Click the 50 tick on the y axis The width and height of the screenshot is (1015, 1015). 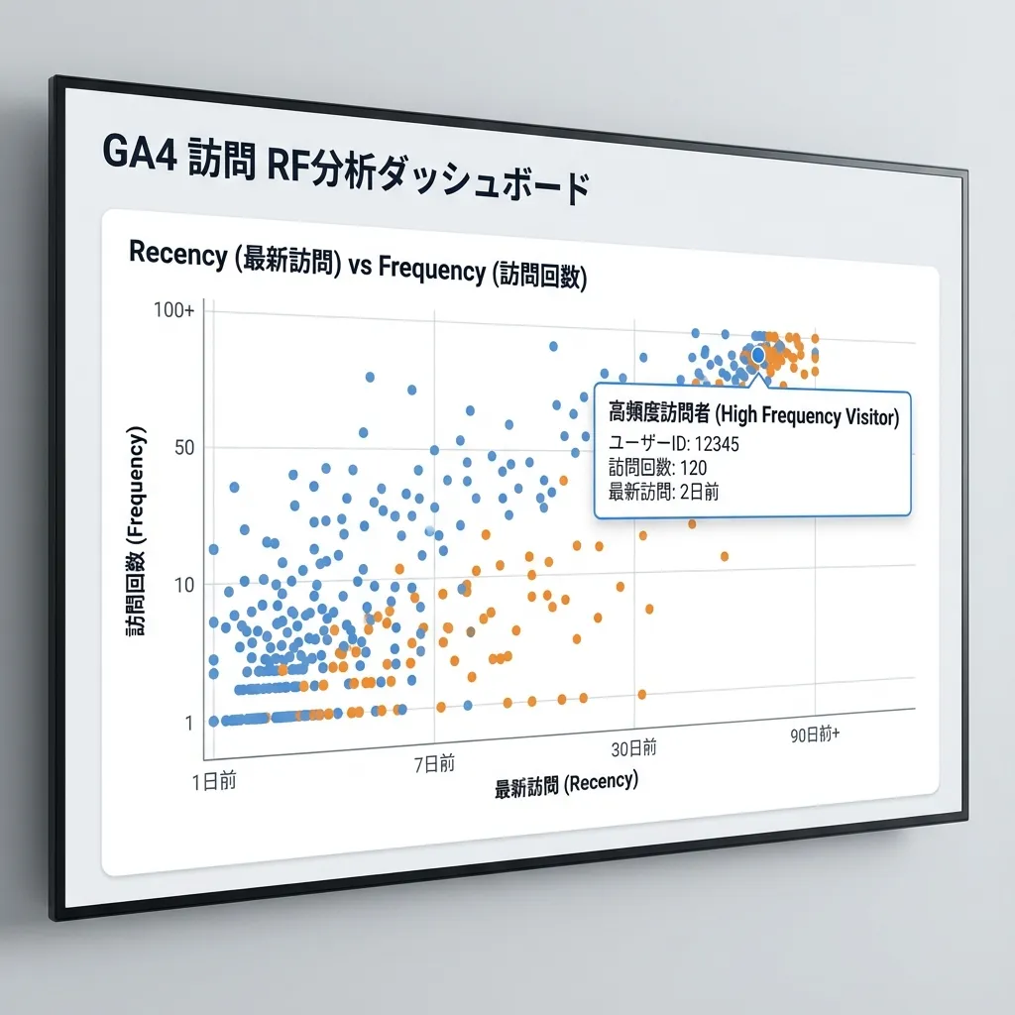pos(185,447)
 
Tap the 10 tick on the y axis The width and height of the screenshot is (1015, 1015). pos(185,585)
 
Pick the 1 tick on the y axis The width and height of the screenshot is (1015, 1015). pos(187,723)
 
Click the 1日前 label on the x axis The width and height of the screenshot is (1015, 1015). pos(215,780)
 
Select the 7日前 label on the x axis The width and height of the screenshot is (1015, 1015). pos(434,764)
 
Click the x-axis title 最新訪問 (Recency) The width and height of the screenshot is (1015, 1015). pos(566,785)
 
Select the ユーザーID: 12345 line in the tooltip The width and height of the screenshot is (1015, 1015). pos(673,443)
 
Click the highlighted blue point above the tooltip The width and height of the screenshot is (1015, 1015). pos(758,355)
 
